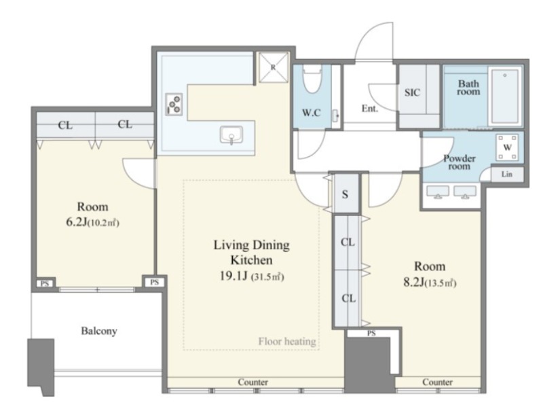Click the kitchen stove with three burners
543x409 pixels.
pyautogui.click(x=174, y=104)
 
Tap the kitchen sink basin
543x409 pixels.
pyautogui.click(x=231, y=135)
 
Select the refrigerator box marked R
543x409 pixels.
pyautogui.click(x=274, y=67)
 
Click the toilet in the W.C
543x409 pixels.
pyautogui.click(x=312, y=80)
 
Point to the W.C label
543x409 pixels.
pyautogui.click(x=312, y=113)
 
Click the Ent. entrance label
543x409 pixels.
pyautogui.click(x=370, y=109)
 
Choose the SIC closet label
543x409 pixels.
pyautogui.click(x=412, y=92)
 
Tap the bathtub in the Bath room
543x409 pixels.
pyautogui.click(x=505, y=96)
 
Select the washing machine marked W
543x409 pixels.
pyautogui.click(x=508, y=147)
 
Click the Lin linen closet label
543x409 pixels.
pyautogui.click(x=506, y=174)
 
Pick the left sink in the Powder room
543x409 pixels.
pyautogui.click(x=438, y=192)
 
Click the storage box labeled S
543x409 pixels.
pyautogui.click(x=345, y=194)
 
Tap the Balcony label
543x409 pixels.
pyautogui.click(x=99, y=331)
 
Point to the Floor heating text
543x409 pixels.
pyautogui.click(x=287, y=342)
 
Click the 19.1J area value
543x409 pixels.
pyautogui.click(x=233, y=277)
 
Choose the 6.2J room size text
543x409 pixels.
pyautogui.click(x=76, y=222)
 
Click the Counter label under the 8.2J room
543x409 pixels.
pyautogui.click(x=437, y=382)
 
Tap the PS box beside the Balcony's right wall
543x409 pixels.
pyautogui.click(x=155, y=282)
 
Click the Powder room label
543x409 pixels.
pyautogui.click(x=460, y=162)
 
